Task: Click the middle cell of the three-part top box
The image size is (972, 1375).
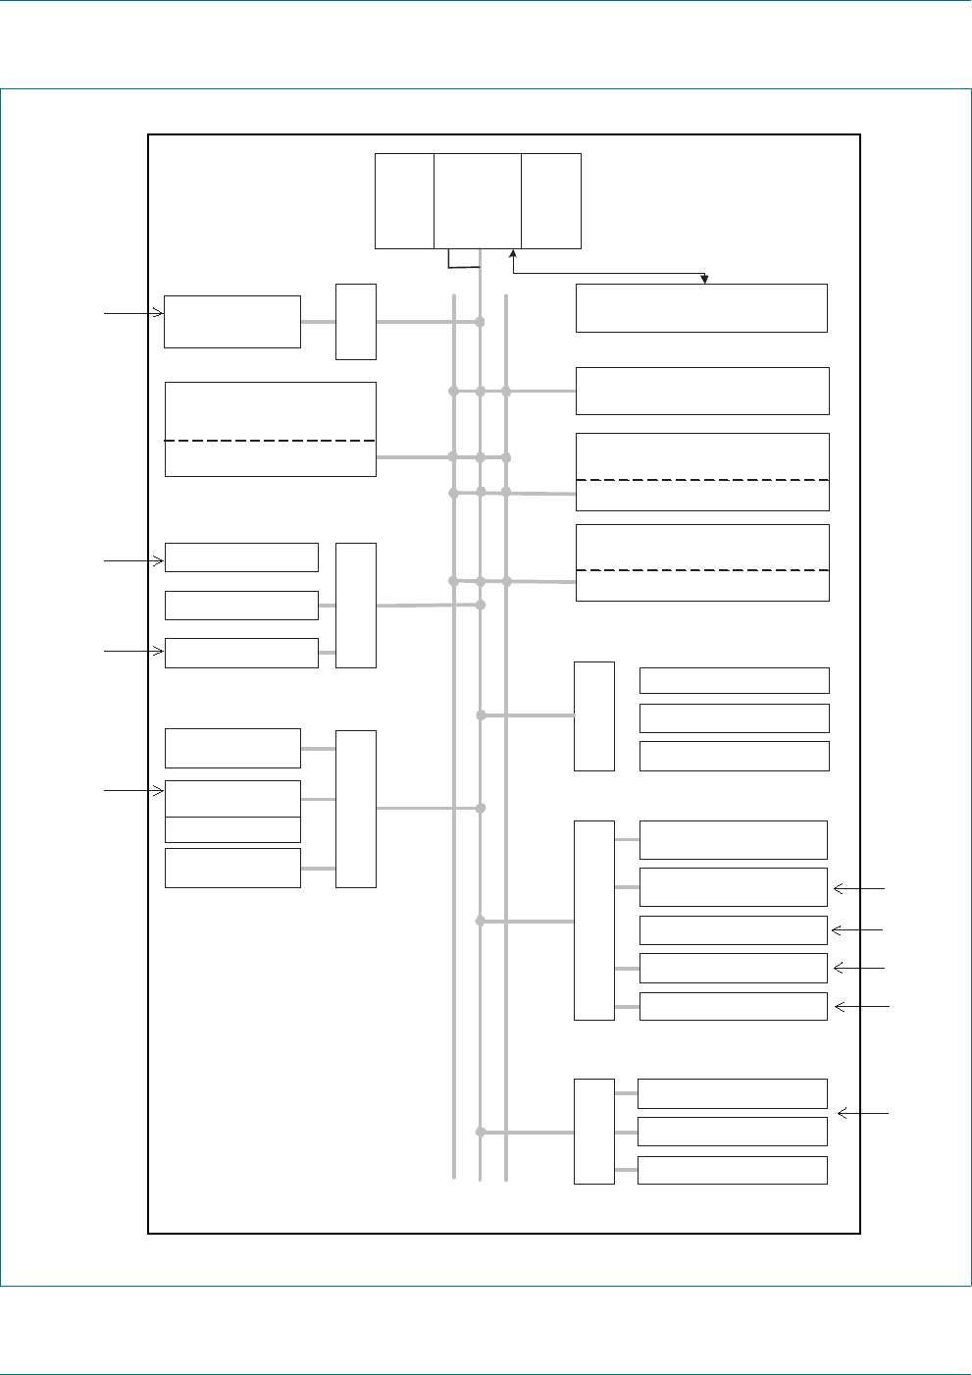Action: [x=478, y=200]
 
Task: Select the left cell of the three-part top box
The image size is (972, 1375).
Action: [x=404, y=200]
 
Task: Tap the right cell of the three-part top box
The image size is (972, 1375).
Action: [x=551, y=200]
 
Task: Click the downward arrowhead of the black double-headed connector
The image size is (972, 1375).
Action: [x=704, y=280]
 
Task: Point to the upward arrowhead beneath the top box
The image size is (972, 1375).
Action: [x=513, y=254]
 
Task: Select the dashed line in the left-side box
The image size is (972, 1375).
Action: [x=270, y=441]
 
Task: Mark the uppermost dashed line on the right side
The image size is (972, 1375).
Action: [x=702, y=480]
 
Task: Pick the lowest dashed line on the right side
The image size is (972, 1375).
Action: [x=702, y=570]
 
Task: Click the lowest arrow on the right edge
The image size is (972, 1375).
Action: [x=862, y=1113]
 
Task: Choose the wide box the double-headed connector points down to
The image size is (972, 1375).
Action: [x=701, y=308]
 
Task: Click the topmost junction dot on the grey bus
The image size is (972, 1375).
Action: [x=481, y=322]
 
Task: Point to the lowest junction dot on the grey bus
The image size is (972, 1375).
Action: [x=481, y=1132]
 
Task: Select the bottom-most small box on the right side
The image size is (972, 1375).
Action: [x=732, y=1170]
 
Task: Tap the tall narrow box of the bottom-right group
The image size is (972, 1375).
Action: [x=593, y=1132]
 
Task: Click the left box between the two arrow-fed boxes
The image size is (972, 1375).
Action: [x=241, y=606]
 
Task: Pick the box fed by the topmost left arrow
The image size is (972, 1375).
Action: [x=231, y=321]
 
